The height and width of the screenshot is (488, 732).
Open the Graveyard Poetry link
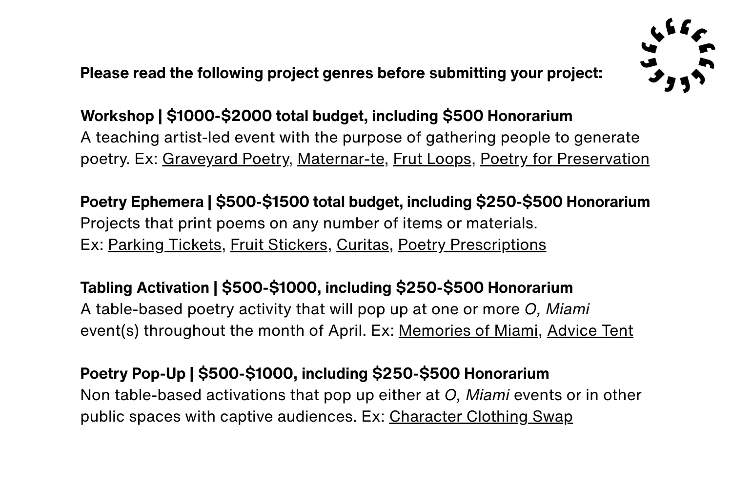(225, 159)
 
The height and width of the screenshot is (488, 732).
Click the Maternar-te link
(340, 159)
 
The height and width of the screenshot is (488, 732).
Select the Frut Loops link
(432, 159)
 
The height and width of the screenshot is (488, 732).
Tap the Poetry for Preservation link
(565, 159)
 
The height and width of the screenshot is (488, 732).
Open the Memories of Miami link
(468, 331)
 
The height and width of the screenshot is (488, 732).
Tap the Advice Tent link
(590, 331)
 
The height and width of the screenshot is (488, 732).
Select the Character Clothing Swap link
(481, 417)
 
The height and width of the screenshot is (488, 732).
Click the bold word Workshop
(117, 116)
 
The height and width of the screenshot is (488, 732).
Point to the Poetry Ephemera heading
(142, 202)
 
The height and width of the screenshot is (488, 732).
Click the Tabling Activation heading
(144, 288)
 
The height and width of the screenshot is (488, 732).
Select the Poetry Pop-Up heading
(133, 374)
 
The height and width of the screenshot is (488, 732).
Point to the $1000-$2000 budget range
(219, 116)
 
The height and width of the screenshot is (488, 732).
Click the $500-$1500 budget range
(262, 202)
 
